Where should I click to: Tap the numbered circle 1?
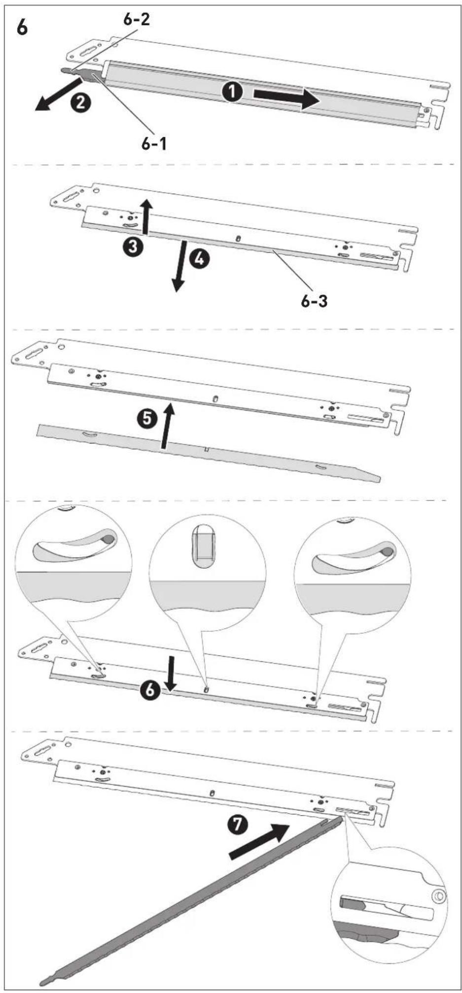232,92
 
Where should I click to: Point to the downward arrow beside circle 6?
171,673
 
